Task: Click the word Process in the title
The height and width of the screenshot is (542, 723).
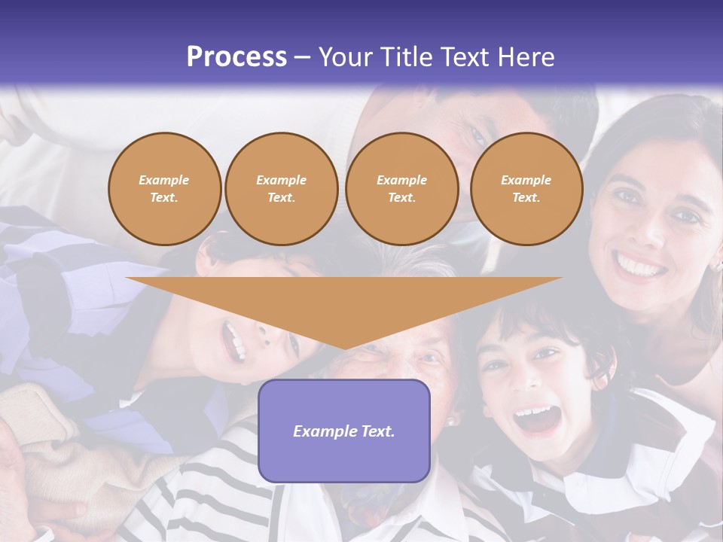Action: pos(236,57)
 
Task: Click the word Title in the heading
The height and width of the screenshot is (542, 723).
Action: pos(403,57)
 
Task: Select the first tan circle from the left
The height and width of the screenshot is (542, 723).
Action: pos(164,189)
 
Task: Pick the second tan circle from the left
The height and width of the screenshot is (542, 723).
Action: pos(281,189)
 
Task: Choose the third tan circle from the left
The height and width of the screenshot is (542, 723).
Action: pos(401,189)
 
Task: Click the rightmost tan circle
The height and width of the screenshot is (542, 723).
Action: pos(526,189)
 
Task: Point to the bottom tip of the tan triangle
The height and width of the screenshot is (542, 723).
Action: pos(344,349)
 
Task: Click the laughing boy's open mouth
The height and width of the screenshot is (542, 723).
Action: pos(537,419)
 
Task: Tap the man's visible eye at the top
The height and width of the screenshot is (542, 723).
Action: pos(477,135)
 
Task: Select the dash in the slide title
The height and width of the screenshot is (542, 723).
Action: pos(303,58)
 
